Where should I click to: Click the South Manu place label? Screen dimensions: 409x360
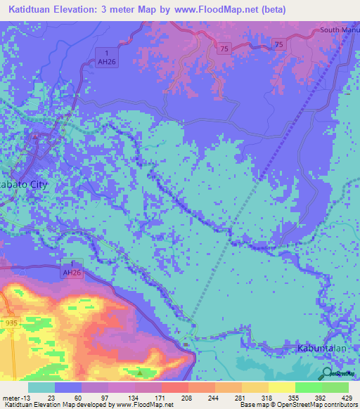[x=339, y=30]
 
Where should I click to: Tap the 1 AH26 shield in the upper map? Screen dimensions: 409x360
[x=106, y=56]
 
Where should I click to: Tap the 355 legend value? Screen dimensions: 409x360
[x=296, y=398]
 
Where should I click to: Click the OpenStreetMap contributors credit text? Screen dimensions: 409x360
[x=320, y=405]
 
